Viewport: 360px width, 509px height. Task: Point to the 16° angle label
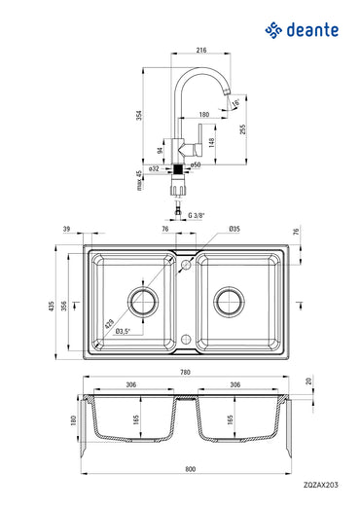click(x=235, y=101)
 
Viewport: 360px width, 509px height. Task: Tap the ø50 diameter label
click(x=196, y=166)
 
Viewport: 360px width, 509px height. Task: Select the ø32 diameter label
click(x=155, y=166)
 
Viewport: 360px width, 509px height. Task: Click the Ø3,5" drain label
click(x=124, y=332)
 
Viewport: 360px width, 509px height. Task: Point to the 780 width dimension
click(x=185, y=370)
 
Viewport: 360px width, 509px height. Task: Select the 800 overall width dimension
click(x=185, y=471)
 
